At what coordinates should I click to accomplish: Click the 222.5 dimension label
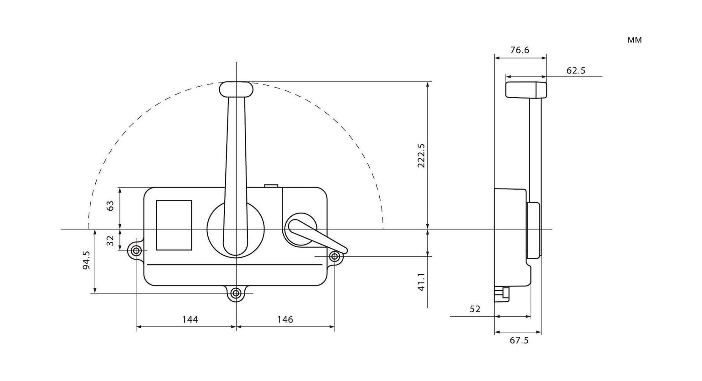tap(421, 156)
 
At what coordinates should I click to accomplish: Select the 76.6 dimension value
tap(520, 50)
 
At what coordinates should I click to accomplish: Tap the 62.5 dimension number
tap(576, 71)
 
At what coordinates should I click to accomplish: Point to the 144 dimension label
tap(190, 319)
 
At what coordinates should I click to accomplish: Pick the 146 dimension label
tap(285, 319)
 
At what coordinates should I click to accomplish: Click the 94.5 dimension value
tap(86, 261)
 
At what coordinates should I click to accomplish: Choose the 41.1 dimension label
tap(421, 282)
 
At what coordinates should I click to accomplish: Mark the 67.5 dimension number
tap(519, 341)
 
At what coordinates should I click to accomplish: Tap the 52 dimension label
tap(475, 309)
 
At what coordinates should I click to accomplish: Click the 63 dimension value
tap(110, 206)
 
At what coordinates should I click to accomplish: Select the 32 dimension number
tap(110, 240)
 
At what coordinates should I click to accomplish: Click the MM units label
tap(635, 40)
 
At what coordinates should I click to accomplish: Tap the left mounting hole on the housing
tap(136, 251)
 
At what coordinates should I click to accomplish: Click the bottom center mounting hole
tap(236, 293)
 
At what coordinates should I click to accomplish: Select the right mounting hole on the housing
tap(335, 256)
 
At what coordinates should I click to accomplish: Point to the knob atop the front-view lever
tap(236, 89)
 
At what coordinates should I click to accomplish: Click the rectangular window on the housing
tap(174, 225)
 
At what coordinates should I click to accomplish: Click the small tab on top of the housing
tap(271, 185)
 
